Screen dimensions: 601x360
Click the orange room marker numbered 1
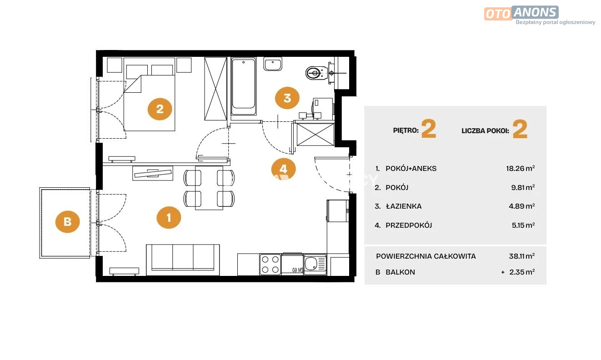pos(169,218)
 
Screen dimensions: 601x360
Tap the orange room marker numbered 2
pos(160,109)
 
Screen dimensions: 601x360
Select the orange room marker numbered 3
pos(287,98)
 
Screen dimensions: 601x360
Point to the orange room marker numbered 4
pos(284,169)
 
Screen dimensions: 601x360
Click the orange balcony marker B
pos(68,222)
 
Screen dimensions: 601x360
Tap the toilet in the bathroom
pos(317,73)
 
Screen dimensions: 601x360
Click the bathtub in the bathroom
pos(244,86)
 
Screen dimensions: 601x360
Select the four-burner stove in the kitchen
pos(270,265)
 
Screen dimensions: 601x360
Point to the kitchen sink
pos(315,265)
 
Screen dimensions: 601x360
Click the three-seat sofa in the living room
pos(183,260)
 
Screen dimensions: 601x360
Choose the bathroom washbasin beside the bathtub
pos(273,64)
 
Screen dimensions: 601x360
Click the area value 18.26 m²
pos(521,169)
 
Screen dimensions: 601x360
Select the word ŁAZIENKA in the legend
pos(404,206)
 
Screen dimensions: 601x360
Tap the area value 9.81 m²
pos(523,187)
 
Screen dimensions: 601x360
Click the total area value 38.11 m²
pos(522,256)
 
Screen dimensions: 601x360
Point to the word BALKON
pos(401,272)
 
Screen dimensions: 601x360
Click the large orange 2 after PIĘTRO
pos(429,129)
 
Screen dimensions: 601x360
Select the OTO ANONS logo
pos(521,13)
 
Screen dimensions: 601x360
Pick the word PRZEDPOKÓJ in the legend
pos(409,225)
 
